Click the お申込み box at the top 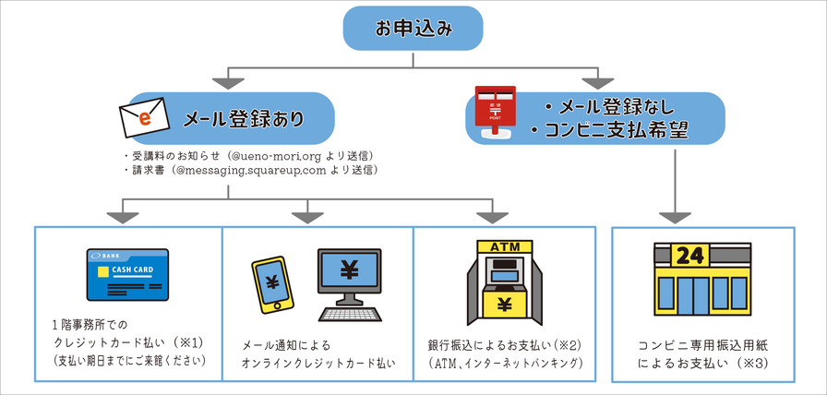pyautogui.click(x=413, y=30)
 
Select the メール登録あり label pyautogui.click(x=244, y=119)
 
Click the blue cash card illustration pyautogui.click(x=127, y=274)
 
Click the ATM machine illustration pyautogui.click(x=504, y=281)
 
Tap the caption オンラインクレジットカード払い pyautogui.click(x=318, y=363)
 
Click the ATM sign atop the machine pyautogui.click(x=504, y=247)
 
